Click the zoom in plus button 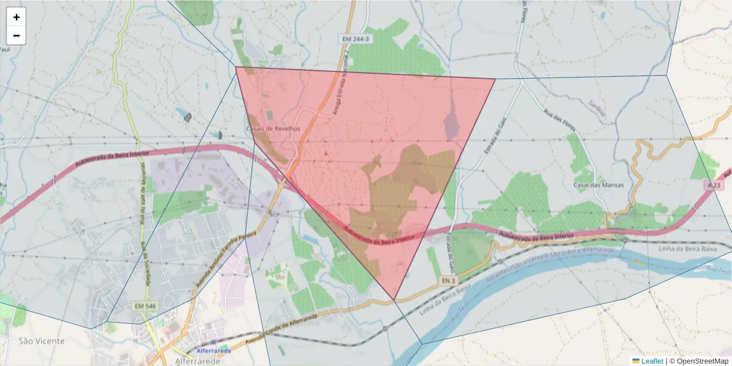[x=16, y=17]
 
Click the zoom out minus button [x=16, y=35]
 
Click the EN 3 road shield [x=448, y=281]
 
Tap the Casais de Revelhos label [x=273, y=129]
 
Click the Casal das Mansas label [x=598, y=185]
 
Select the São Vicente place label [x=41, y=340]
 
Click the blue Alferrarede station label [x=213, y=351]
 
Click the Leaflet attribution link [x=651, y=361]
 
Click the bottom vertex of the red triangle [x=395, y=300]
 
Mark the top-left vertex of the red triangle [x=236, y=66]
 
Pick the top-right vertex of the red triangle [x=495, y=79]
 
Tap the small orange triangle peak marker [x=326, y=153]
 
